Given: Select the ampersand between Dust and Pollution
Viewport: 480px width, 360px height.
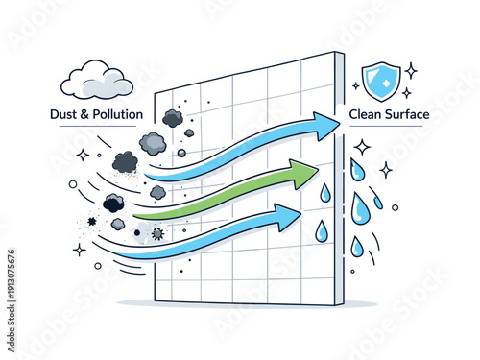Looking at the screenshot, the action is pos(87,114).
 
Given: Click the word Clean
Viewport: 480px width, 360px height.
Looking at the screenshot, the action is pos(363,114).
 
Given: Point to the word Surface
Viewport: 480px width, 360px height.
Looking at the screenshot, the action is pos(407,114).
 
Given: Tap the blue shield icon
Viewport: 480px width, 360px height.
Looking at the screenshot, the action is pos(380,81).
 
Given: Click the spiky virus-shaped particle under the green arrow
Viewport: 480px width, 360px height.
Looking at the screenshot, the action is pos(157,233).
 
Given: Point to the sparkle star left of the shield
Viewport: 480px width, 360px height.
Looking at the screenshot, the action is pos(355,85).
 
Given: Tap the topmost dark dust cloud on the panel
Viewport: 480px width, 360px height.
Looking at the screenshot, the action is pos(173,117).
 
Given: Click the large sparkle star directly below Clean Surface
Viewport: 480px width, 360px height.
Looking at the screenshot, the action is pos(362,147).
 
